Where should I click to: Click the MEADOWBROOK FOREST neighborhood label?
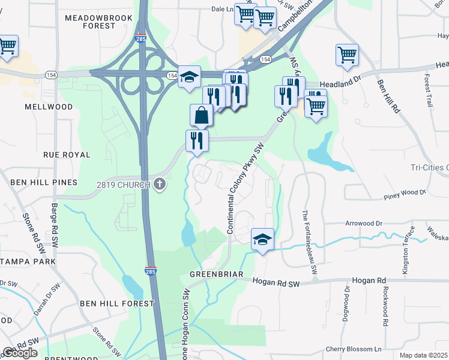tap(90, 22)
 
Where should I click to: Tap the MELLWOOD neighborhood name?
tap(49, 107)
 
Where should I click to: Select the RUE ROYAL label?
tap(67, 155)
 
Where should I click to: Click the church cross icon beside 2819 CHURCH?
tap(159, 184)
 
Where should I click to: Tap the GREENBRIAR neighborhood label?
tap(216, 274)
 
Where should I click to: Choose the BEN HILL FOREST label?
tap(117, 304)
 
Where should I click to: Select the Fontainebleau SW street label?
tap(306, 244)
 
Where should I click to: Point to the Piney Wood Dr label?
tap(405, 194)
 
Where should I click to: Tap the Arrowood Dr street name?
tap(362, 223)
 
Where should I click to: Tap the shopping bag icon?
tap(202, 115)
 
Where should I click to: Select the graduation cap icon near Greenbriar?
tap(262, 239)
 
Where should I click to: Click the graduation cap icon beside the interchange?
tap(189, 76)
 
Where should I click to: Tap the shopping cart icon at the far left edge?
tap(7, 46)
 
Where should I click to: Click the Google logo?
tap(20, 353)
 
